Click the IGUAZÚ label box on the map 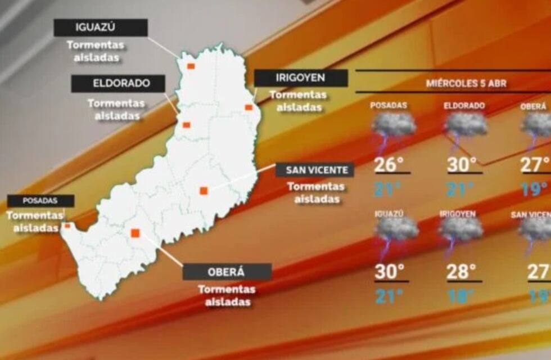pyautogui.click(x=101, y=28)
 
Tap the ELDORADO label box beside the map pyautogui.click(x=118, y=84)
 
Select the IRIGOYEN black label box pyautogui.click(x=301, y=78)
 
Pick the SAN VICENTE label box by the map pyautogui.click(x=315, y=170)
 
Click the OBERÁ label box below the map pyautogui.click(x=227, y=272)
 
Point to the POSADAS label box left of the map pyautogui.click(x=40, y=200)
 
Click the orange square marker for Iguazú pyautogui.click(x=191, y=66)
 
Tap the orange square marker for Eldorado pyautogui.click(x=187, y=125)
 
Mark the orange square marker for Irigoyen pyautogui.click(x=249, y=107)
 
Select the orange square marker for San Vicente pyautogui.click(x=204, y=191)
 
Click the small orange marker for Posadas pyautogui.click(x=67, y=226)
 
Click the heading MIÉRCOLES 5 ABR pyautogui.click(x=466, y=84)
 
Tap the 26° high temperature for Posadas pyautogui.click(x=389, y=165)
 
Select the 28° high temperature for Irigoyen pyautogui.click(x=462, y=272)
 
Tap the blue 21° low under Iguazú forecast pyautogui.click(x=389, y=296)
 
